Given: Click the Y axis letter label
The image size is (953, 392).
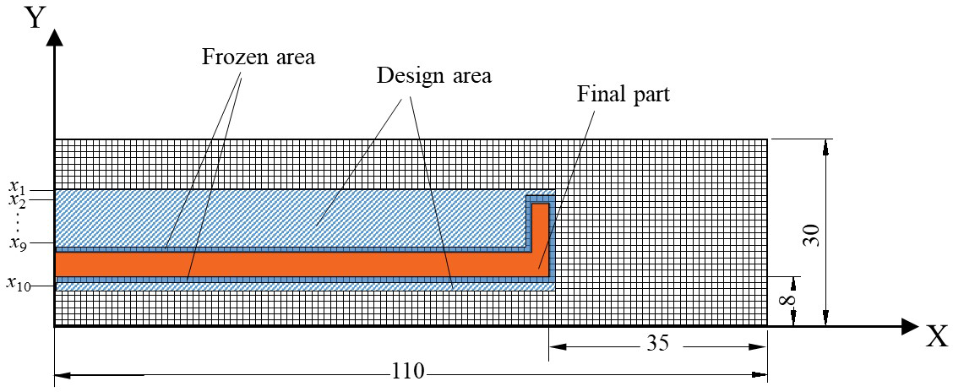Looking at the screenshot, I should pos(35,17).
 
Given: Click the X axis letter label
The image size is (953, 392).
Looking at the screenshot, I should pos(936,338).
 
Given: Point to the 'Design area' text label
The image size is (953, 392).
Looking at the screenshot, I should pos(434,74).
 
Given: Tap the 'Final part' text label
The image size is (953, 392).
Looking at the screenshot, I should pos(624,94).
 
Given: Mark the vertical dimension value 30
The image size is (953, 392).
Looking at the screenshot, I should pos(812,231).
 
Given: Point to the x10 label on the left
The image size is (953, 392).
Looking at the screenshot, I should pos(19,284).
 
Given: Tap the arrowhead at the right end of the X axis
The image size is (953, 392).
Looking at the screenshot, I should pos(909,326).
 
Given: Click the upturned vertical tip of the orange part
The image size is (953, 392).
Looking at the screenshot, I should pos(541,228).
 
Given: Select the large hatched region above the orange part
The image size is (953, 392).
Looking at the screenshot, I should pos(287,218).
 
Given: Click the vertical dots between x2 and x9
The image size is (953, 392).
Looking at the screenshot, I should pos(19,221).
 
